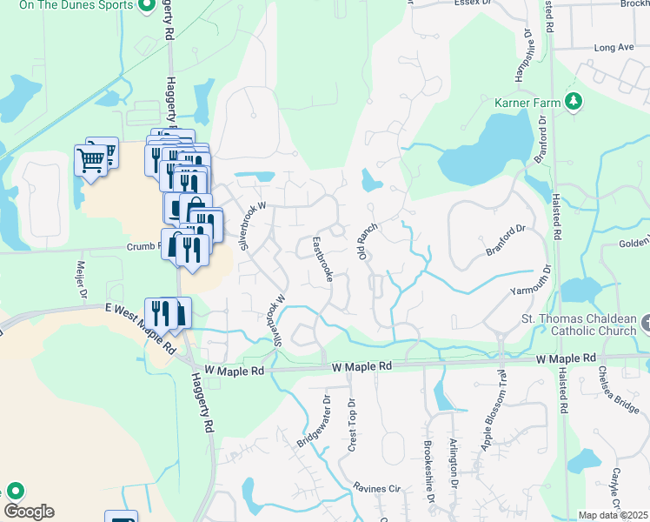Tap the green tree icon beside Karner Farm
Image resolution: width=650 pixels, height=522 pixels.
tap(573, 103)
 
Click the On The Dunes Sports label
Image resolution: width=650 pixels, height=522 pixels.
tap(76, 5)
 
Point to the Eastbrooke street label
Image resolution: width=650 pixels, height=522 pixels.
tap(323, 259)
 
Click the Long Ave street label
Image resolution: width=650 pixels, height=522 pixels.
tap(615, 47)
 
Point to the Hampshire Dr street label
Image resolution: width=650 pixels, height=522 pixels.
tap(523, 57)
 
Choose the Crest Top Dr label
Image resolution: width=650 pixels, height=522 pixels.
tap(352, 425)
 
